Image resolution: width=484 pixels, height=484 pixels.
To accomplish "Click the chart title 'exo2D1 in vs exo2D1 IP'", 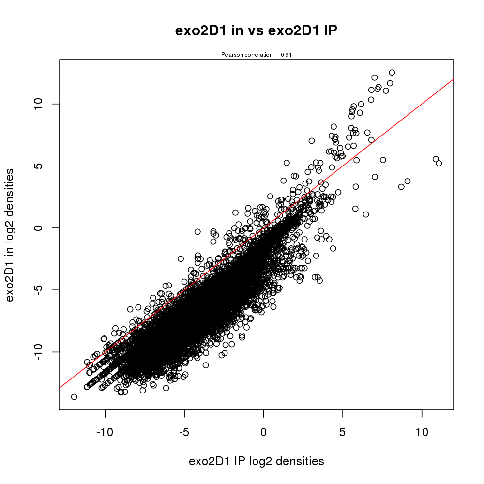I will [256, 31].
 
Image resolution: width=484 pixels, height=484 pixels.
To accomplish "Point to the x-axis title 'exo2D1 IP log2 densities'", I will [256, 461].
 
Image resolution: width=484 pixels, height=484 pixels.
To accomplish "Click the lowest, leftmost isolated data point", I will [74, 397].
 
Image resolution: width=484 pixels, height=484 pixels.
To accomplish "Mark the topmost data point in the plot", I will [392, 73].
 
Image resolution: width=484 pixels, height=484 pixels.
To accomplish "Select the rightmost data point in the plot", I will [439, 163].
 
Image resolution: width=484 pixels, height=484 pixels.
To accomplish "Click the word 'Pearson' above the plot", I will [230, 55].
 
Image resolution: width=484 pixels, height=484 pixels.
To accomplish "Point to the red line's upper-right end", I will [453, 79].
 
